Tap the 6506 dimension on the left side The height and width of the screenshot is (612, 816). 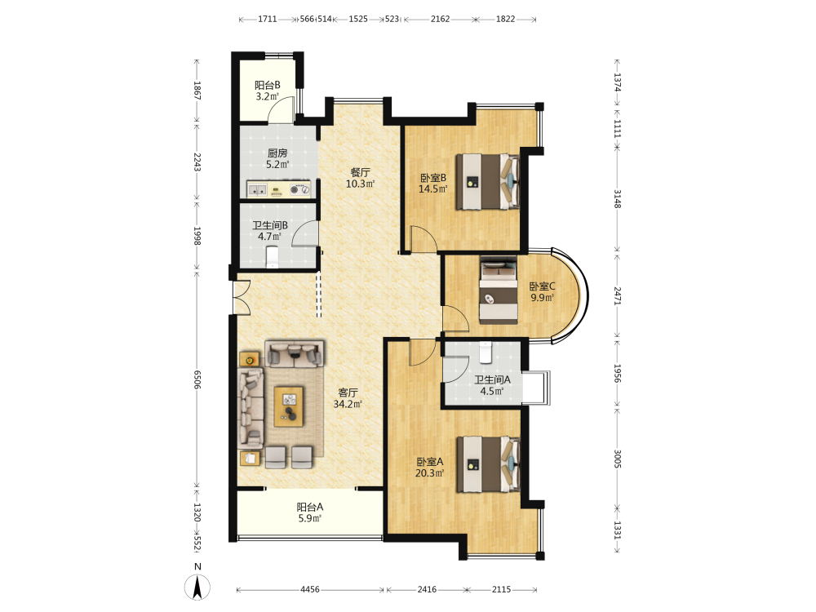[197, 379]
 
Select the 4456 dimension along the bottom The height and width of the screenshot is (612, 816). [310, 590]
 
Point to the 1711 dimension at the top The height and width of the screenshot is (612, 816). [268, 20]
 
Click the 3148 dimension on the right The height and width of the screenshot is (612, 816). [617, 199]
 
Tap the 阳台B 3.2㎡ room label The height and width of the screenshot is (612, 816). [268, 91]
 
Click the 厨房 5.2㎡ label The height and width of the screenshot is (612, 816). [277, 159]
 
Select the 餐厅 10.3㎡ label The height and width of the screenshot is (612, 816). [360, 178]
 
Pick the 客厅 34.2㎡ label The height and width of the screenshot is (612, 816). [348, 398]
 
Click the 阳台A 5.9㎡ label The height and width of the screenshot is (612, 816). [310, 512]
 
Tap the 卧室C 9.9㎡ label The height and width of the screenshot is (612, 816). [543, 292]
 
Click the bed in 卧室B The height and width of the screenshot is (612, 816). [488, 182]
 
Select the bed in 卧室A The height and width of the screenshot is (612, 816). [488, 464]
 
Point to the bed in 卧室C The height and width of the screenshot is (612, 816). [499, 290]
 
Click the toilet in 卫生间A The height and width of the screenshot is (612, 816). [486, 353]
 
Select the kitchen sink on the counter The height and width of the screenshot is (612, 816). [256, 189]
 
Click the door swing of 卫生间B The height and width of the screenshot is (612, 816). [304, 233]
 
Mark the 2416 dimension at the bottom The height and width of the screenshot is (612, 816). [428, 590]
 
